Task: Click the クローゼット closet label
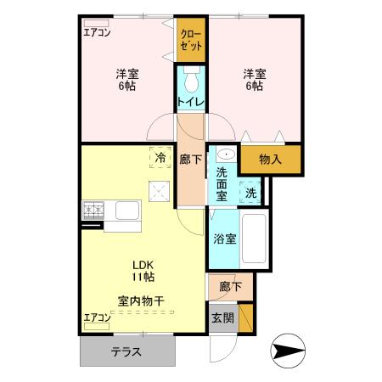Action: click(x=190, y=40)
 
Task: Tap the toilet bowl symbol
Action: click(x=190, y=81)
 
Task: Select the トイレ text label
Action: click(x=189, y=103)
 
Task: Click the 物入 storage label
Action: click(x=270, y=159)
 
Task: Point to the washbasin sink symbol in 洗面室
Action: click(x=227, y=155)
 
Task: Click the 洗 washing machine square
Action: click(x=250, y=193)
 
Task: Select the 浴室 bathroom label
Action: click(x=225, y=239)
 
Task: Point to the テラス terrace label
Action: click(x=125, y=351)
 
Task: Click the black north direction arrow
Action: click(x=289, y=350)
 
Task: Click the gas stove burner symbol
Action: click(x=93, y=208)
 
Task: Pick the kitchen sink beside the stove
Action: click(x=128, y=210)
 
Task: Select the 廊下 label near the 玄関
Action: click(x=229, y=287)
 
